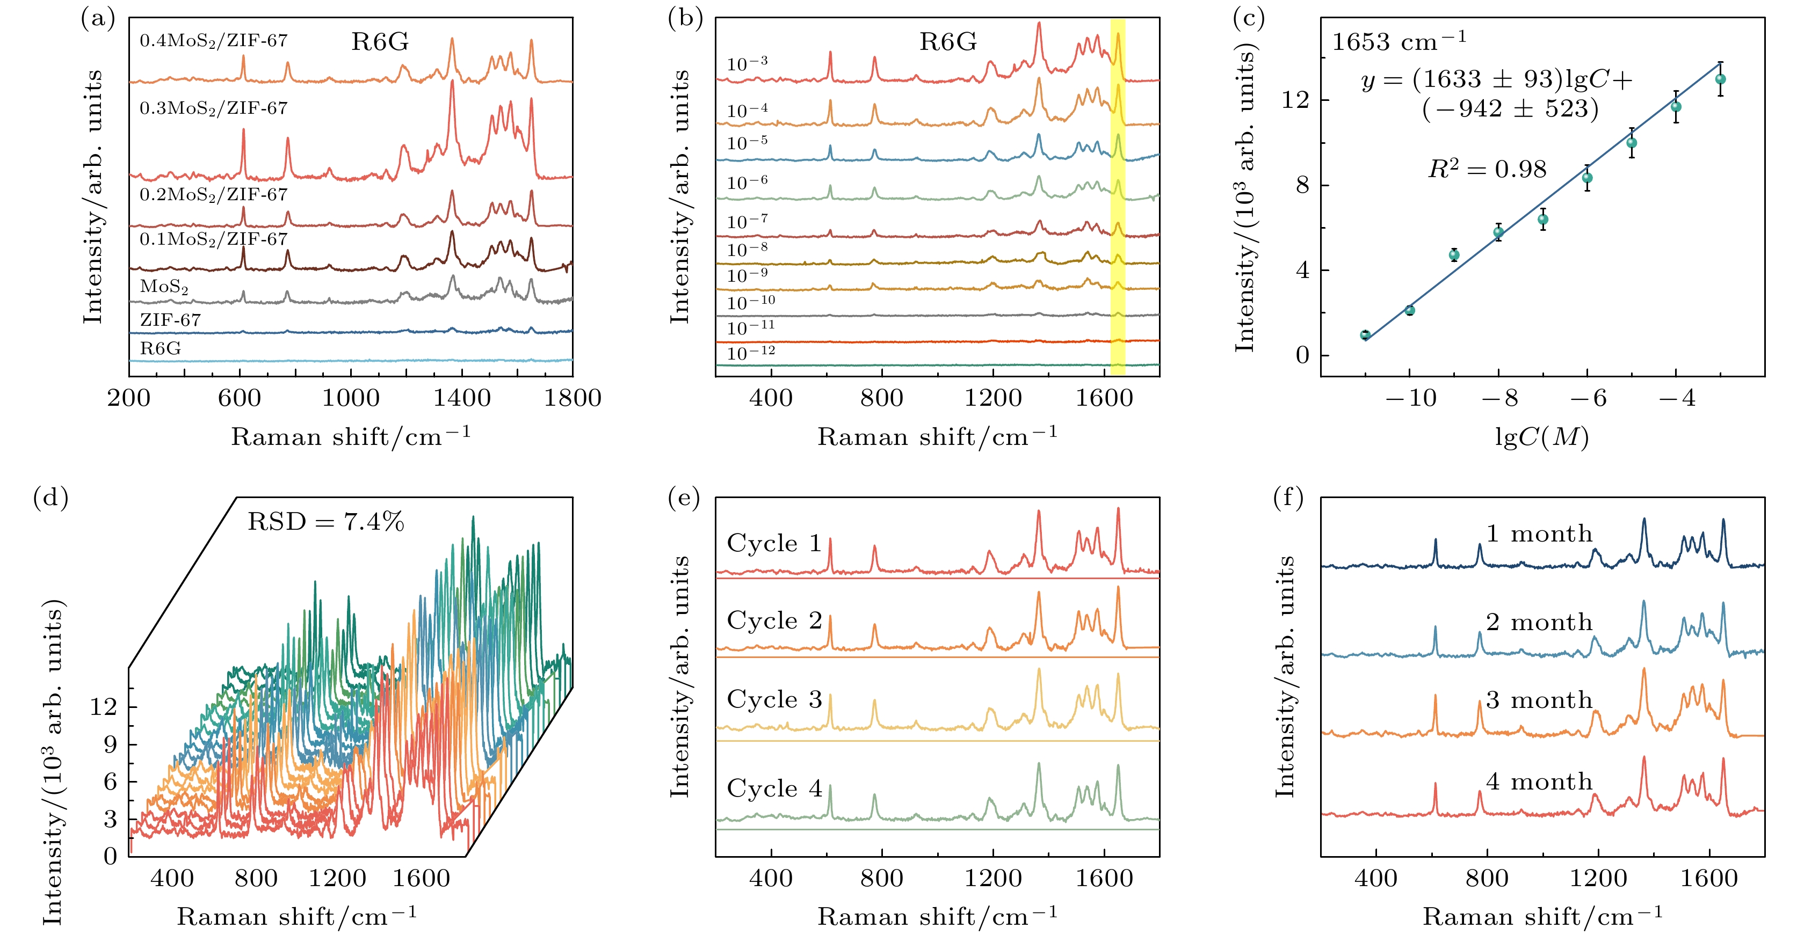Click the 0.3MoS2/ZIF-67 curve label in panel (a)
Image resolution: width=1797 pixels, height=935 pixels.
coord(213,108)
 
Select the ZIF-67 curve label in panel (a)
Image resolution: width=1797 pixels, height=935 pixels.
coord(170,320)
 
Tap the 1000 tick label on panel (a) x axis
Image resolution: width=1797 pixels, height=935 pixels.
coord(351,398)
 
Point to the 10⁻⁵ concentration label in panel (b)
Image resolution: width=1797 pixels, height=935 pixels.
coord(747,143)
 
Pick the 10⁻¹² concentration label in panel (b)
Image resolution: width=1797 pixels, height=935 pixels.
coord(751,353)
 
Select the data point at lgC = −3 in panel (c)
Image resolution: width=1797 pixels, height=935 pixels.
coord(1720,79)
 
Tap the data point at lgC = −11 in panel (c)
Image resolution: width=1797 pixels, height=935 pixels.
coord(1365,335)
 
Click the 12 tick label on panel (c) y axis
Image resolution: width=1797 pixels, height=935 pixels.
coord(1296,100)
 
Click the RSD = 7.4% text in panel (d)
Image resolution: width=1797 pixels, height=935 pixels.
coord(326,522)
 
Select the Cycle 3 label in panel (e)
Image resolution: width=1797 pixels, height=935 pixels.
coord(774,699)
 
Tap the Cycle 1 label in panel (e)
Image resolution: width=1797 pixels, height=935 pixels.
coord(774,543)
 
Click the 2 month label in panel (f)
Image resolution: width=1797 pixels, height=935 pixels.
coord(1539,622)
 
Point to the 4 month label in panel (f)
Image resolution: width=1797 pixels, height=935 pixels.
coord(1539,781)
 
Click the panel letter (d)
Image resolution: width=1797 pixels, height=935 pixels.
coord(50,499)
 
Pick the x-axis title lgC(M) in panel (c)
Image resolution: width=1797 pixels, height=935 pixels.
coord(1542,437)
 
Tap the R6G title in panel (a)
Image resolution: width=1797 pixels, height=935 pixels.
coord(380,42)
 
